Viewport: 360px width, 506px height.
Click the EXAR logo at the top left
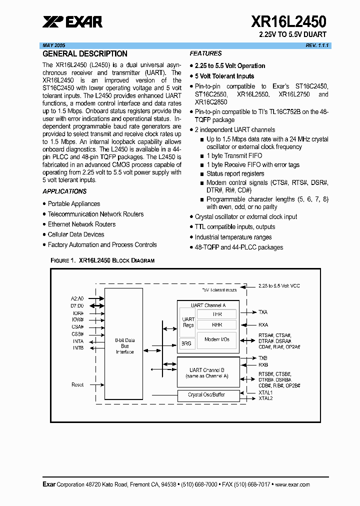[x=72, y=21]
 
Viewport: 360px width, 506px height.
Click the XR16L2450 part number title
[x=288, y=21]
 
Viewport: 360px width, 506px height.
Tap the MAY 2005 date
[x=54, y=45]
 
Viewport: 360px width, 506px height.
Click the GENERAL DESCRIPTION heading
[x=85, y=54]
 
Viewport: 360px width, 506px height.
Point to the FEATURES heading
[x=205, y=53]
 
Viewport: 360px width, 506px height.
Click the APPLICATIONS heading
[x=64, y=191]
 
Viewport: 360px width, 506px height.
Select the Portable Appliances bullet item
[x=74, y=204]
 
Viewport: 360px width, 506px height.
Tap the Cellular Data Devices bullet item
[x=76, y=234]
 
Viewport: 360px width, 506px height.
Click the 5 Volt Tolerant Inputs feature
[x=224, y=76]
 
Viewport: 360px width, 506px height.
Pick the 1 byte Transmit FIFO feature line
[x=234, y=156]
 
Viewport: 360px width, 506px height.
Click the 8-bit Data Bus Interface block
[x=125, y=345]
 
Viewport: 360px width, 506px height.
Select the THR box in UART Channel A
[x=217, y=314]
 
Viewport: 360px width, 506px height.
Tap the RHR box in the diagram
[x=217, y=324]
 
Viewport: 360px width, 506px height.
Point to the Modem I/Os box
[x=217, y=339]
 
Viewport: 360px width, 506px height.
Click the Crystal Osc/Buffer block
[x=206, y=395]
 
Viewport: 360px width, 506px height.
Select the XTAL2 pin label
[x=265, y=398]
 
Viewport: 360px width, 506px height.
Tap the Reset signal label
[x=77, y=385]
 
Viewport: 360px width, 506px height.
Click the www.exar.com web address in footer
[x=292, y=484]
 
